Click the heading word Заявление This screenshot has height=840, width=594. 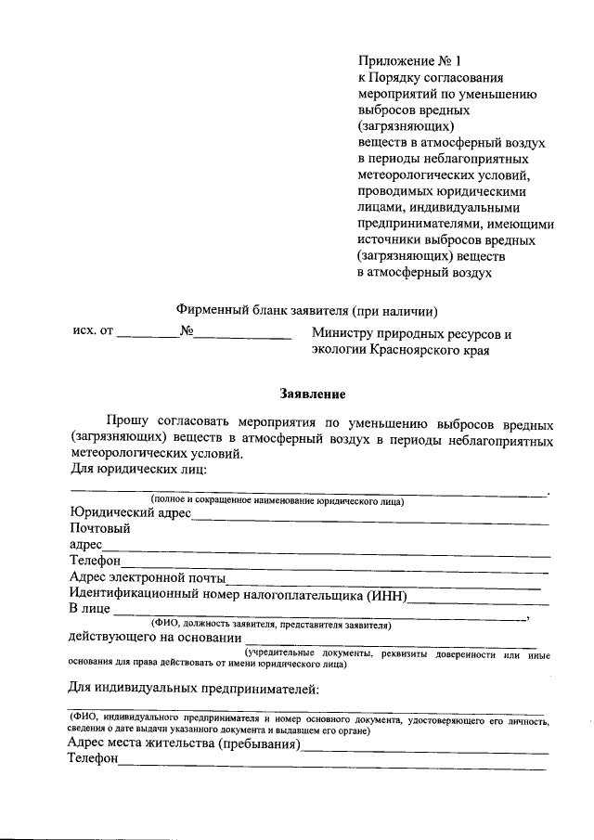click(x=315, y=394)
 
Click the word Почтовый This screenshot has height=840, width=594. click(x=99, y=527)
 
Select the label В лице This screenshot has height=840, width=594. click(x=88, y=609)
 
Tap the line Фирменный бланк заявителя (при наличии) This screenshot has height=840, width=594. click(x=307, y=310)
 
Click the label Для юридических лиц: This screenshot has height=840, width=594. click(x=137, y=471)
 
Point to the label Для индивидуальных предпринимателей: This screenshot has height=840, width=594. click(x=194, y=688)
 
